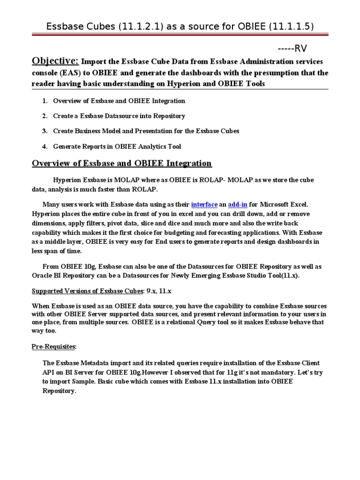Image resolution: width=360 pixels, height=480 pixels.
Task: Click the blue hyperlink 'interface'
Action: click(x=204, y=204)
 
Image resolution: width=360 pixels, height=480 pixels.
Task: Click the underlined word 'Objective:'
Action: click(x=55, y=61)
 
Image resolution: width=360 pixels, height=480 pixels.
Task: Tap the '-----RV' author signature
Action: click(x=293, y=48)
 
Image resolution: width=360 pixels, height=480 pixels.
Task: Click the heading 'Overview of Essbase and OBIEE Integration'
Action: click(x=121, y=163)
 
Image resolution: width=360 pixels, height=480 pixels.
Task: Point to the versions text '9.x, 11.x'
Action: click(x=158, y=291)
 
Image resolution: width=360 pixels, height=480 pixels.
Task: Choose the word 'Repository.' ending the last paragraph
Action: click(x=59, y=391)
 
